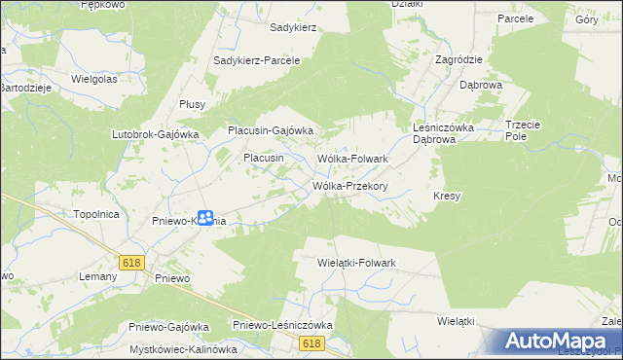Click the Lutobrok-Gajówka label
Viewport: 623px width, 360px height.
coord(156,134)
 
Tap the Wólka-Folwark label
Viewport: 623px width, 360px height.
coord(353,158)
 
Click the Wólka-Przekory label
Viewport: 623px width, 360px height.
coord(350,186)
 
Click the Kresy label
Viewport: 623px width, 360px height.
coord(447,196)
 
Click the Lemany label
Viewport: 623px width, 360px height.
coord(95,276)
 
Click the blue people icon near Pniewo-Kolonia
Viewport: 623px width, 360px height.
coord(205,218)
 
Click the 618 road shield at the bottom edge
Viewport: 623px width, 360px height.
coord(311,343)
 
